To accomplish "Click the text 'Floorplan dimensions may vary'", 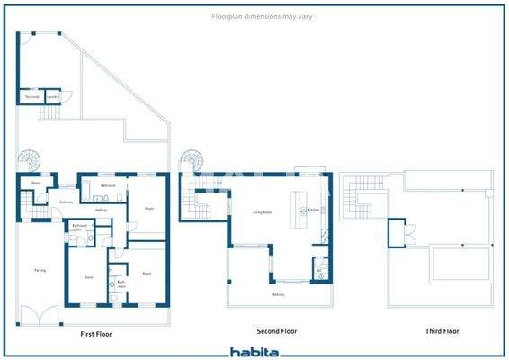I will [x=254, y=17].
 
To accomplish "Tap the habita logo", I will [x=254, y=353].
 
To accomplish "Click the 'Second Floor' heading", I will [x=276, y=331].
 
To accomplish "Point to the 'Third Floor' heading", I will [x=442, y=331].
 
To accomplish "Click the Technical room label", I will [x=31, y=95].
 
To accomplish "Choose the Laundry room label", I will [x=53, y=95].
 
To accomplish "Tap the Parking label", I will [x=40, y=270].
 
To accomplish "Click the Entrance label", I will [x=66, y=202].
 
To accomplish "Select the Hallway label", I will [x=101, y=210].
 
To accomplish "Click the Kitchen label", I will [x=313, y=210].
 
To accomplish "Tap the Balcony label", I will [x=279, y=294].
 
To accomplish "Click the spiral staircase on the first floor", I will [x=32, y=162].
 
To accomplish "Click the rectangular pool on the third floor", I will [x=460, y=264].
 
